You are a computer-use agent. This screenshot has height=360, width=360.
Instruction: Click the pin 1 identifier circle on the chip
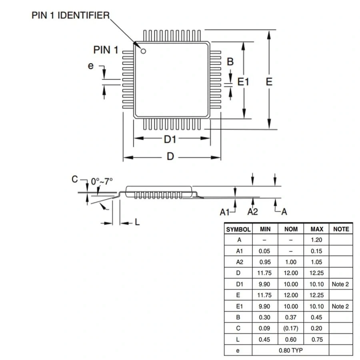(143, 50)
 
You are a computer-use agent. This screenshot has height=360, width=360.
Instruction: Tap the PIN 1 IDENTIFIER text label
(70, 16)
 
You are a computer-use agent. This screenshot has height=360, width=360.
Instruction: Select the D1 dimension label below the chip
(170, 139)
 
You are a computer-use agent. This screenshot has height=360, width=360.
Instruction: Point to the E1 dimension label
(243, 82)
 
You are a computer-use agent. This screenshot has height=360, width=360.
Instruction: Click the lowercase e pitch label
(91, 66)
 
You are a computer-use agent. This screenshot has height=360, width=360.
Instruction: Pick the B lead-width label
(230, 62)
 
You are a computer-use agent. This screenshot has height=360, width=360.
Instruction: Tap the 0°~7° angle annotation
(102, 181)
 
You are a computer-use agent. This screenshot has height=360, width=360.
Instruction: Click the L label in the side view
(137, 222)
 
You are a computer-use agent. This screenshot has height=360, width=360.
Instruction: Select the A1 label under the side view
(225, 212)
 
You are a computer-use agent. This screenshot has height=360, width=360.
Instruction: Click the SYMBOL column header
(238, 229)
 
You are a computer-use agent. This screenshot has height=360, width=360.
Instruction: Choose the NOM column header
(291, 229)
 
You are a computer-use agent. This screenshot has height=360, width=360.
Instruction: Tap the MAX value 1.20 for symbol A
(317, 240)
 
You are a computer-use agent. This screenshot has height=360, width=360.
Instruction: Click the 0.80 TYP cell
(291, 350)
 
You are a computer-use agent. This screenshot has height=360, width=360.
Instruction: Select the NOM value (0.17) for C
(291, 328)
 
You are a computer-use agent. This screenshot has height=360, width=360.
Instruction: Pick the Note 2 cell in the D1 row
(340, 284)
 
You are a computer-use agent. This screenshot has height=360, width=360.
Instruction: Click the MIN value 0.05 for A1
(265, 251)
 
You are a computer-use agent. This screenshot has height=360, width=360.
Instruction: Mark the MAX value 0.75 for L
(317, 340)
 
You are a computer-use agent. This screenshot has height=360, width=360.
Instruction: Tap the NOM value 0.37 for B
(291, 317)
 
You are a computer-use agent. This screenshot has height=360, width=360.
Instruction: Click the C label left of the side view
(74, 179)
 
